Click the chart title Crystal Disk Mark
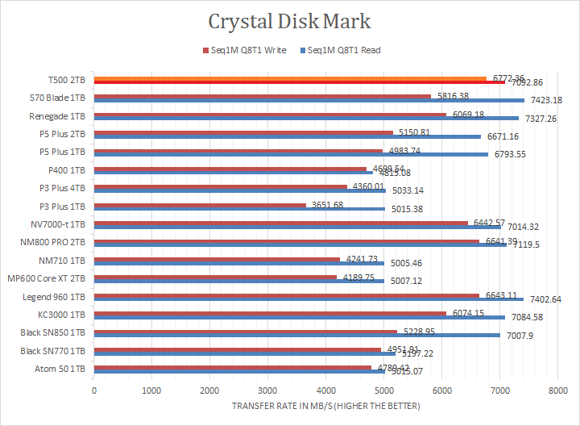(x=289, y=20)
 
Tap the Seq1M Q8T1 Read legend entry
(x=343, y=51)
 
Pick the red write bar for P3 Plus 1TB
(x=201, y=205)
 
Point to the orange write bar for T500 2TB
(x=290, y=78)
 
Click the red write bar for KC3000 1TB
(x=270, y=312)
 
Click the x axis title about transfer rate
(x=325, y=405)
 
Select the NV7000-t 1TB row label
(x=59, y=224)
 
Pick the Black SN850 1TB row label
(x=55, y=332)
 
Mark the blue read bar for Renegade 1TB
(x=306, y=118)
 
